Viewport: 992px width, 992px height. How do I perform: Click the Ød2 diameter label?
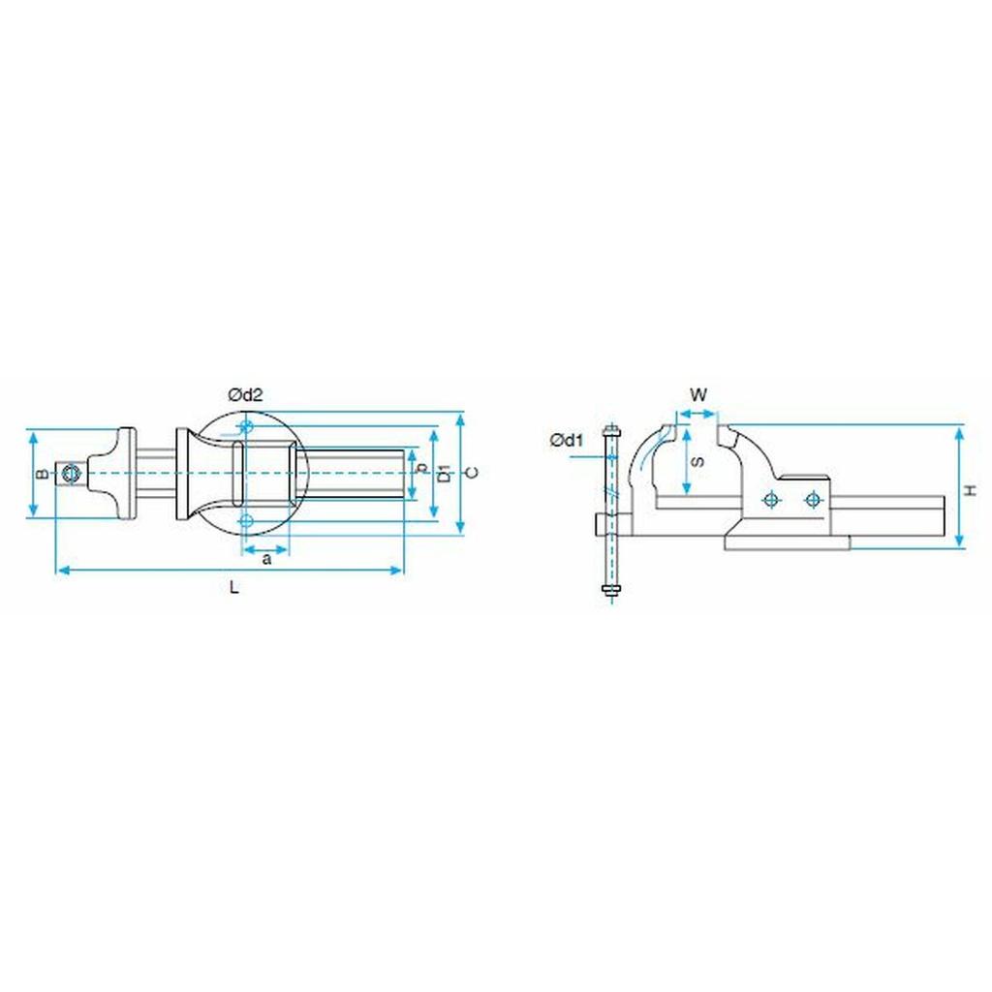click(x=245, y=394)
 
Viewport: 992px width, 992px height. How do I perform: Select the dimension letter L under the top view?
click(x=233, y=587)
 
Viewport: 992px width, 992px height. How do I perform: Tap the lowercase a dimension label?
click(x=267, y=559)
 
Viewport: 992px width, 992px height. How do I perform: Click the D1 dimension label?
click(x=444, y=474)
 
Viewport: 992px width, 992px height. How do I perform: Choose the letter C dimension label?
click(x=472, y=473)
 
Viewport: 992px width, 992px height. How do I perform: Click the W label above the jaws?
click(x=697, y=394)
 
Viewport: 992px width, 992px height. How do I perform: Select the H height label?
click(x=972, y=491)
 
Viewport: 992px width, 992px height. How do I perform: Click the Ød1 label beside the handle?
click(x=567, y=441)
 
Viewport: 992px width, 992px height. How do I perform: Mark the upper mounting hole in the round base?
click(x=247, y=426)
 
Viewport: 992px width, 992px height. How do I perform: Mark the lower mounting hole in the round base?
click(x=247, y=521)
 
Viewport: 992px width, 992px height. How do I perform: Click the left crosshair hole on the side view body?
click(x=771, y=499)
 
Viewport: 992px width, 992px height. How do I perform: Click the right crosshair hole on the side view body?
click(x=812, y=499)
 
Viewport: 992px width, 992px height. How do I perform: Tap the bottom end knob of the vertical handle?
click(x=610, y=591)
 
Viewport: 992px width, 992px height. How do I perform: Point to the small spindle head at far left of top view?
click(x=70, y=473)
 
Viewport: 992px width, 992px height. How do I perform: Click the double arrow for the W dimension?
click(x=697, y=414)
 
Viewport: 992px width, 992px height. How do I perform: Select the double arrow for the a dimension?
click(x=267, y=546)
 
